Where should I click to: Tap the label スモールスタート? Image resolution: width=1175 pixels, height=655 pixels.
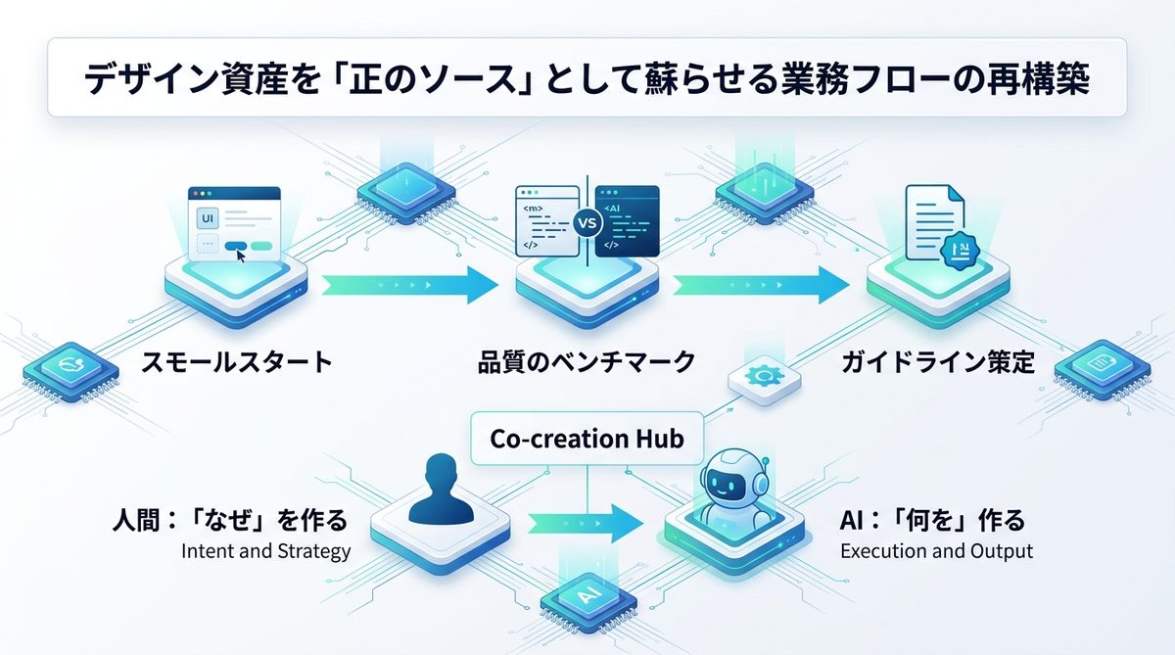[237, 362]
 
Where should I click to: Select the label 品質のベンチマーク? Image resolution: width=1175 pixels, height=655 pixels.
[587, 362]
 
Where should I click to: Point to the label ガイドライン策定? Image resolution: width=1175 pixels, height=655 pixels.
[937, 362]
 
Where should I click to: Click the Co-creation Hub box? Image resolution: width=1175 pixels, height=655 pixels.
[587, 437]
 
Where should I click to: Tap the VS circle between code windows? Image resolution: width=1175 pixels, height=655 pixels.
[587, 223]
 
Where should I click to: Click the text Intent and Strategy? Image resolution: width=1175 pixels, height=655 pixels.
[265, 551]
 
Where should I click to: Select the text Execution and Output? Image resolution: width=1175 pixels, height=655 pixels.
[936, 551]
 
